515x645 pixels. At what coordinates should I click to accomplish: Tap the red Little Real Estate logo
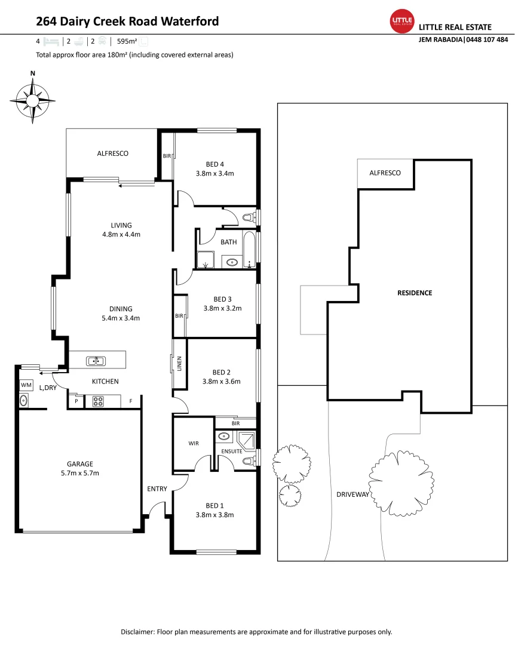click(401, 21)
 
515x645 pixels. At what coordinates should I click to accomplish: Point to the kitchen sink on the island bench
click(96, 361)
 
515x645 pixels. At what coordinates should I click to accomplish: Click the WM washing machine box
click(26, 386)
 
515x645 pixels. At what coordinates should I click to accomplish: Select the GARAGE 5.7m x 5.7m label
click(79, 468)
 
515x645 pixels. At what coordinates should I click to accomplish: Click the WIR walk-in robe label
click(194, 444)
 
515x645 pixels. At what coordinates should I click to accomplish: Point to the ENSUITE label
click(231, 451)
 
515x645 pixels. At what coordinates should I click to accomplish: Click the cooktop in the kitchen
click(99, 401)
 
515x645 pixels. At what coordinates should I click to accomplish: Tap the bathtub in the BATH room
click(249, 248)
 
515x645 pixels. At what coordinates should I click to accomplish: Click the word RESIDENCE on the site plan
click(415, 293)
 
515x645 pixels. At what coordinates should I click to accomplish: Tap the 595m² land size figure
click(127, 42)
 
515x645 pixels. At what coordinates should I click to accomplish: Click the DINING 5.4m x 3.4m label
click(121, 313)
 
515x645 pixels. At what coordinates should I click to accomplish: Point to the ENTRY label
click(157, 489)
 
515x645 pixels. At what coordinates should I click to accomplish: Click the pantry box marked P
click(76, 402)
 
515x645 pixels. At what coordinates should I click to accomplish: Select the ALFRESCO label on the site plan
click(385, 173)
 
